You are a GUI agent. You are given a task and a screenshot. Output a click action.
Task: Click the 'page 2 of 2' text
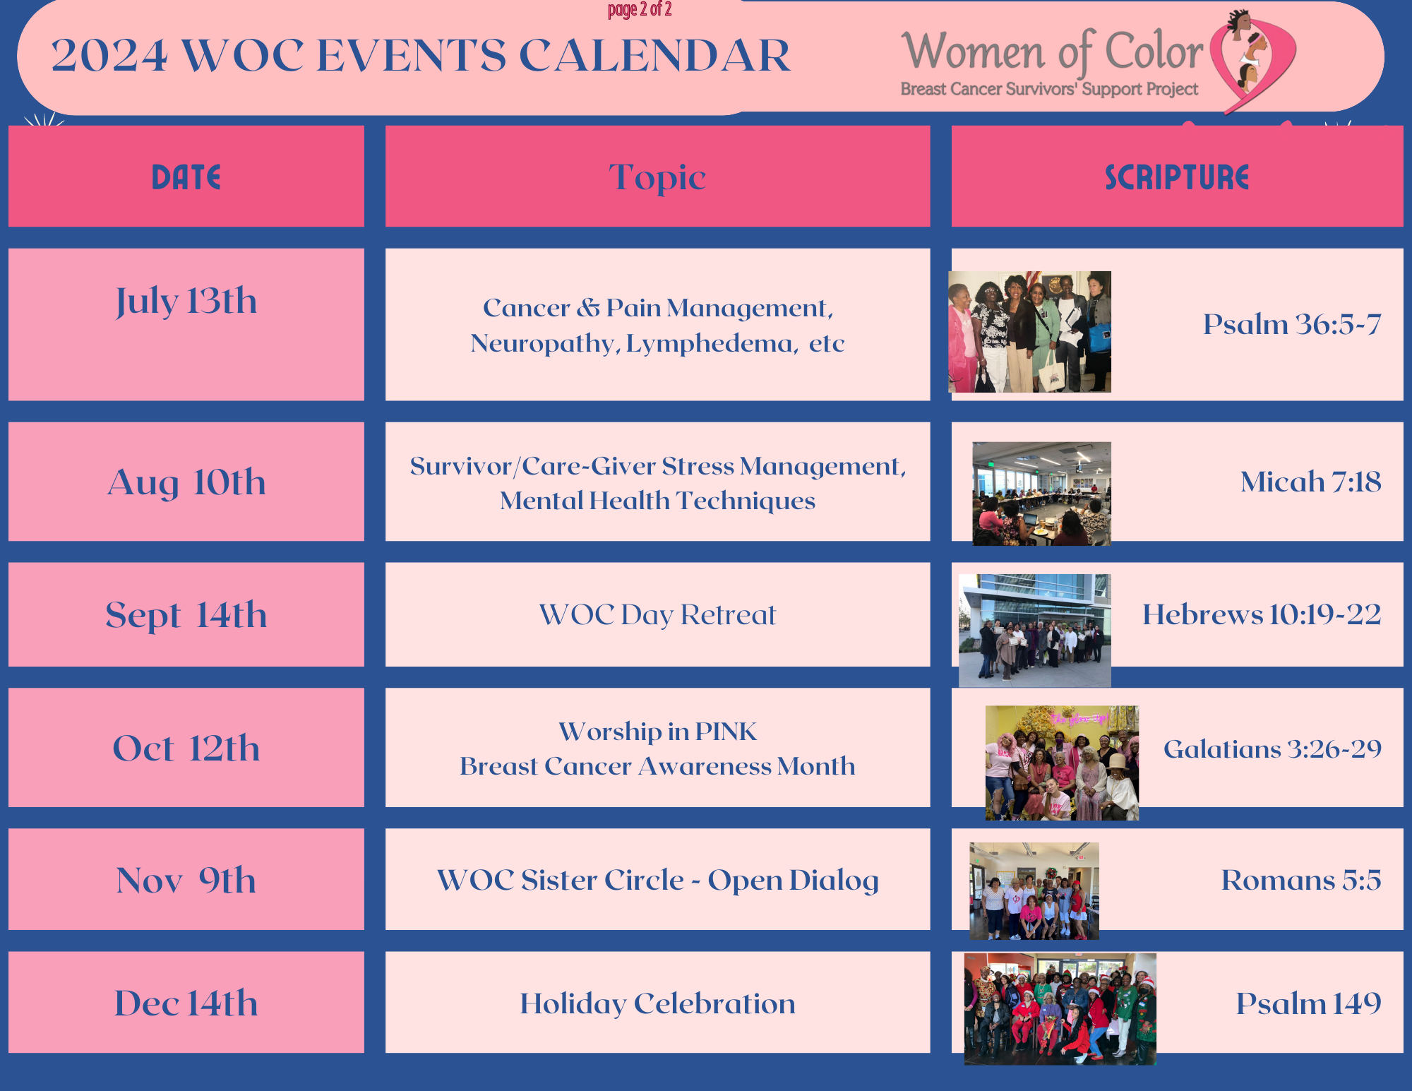point(640,9)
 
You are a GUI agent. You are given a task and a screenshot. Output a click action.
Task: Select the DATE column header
point(186,177)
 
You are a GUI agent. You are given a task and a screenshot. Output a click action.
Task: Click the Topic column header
point(657,177)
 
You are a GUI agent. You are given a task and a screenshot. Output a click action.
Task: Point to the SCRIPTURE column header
point(1177,177)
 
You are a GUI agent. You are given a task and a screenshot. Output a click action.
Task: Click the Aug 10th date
point(186,482)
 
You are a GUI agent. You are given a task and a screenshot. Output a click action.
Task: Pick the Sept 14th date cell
point(186,614)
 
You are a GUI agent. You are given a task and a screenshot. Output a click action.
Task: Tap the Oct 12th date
point(186,748)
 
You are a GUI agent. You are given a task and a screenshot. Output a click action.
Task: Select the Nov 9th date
point(186,880)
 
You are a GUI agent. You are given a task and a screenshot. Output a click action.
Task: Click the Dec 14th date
point(186,1003)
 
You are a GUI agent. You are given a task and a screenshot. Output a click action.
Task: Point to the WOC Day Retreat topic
point(657,615)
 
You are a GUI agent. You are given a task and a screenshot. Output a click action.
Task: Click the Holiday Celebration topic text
point(657,1003)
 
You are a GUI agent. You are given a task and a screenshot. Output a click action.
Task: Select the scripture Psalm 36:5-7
point(1292,324)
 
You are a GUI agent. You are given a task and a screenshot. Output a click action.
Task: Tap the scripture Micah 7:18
point(1311,482)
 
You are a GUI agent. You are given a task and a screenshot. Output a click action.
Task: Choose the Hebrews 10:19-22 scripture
point(1262,614)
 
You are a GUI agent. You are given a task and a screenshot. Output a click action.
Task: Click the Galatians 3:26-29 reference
point(1272,749)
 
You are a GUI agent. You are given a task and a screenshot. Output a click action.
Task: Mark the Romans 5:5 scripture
point(1301,880)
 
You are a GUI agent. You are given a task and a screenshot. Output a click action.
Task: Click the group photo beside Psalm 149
point(1060,1008)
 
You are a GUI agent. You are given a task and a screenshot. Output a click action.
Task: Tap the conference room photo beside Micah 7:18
point(1041,494)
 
